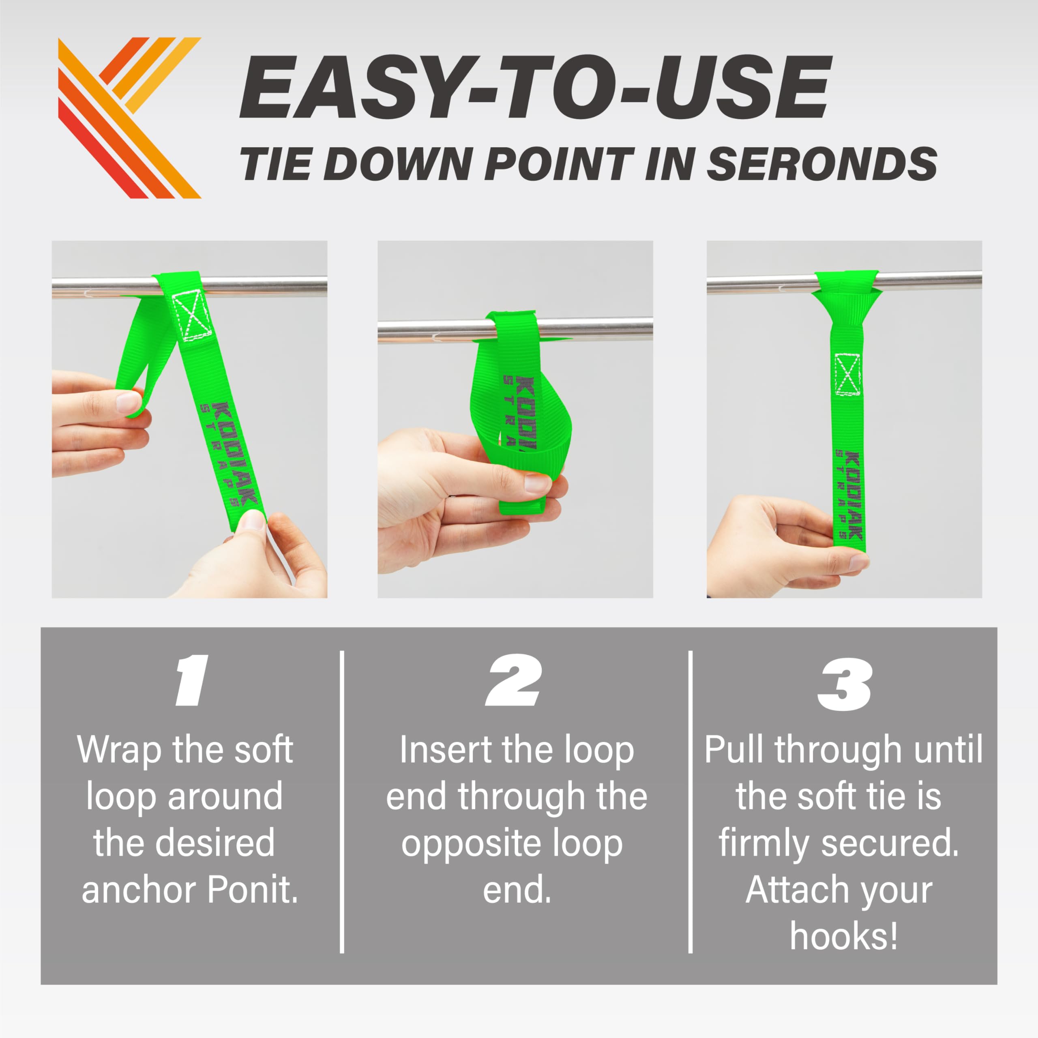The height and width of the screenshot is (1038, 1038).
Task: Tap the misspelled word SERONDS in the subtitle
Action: [822, 163]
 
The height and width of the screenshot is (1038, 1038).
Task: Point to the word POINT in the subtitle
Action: [559, 163]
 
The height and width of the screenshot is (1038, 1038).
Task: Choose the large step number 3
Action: [843, 683]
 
